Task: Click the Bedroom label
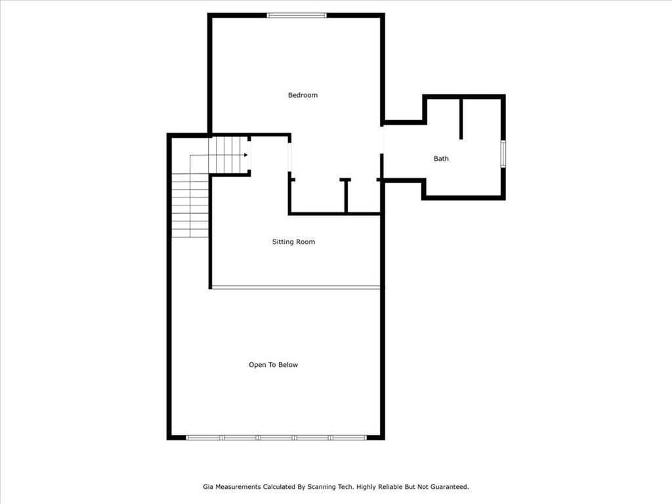[x=303, y=95]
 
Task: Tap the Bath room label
[x=441, y=159]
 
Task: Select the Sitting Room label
[x=293, y=242]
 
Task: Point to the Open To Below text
[x=273, y=365]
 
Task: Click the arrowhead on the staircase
[x=245, y=155]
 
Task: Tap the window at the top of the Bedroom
[x=297, y=15]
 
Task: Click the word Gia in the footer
[x=208, y=487]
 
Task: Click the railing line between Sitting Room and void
[x=295, y=287]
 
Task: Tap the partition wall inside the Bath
[x=461, y=119]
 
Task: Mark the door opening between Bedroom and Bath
[x=383, y=140]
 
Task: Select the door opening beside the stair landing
[x=289, y=156]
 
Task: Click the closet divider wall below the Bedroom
[x=346, y=196]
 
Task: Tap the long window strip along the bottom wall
[x=276, y=437]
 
